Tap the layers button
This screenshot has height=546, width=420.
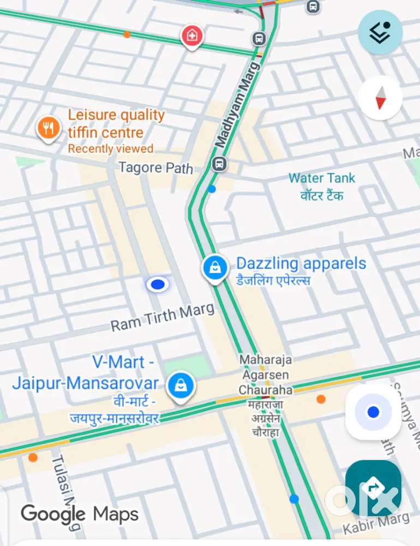(380, 32)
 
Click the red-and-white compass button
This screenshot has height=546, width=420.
(380, 98)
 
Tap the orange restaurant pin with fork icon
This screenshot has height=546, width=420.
(49, 129)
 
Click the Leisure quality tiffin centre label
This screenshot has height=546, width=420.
(116, 124)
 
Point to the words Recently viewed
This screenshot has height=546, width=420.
(111, 149)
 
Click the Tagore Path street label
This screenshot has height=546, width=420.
(156, 167)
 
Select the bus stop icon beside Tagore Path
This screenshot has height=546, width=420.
(219, 163)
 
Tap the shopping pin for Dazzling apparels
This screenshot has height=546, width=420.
(215, 268)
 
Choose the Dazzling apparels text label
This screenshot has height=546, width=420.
(301, 264)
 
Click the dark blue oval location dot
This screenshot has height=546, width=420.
(158, 284)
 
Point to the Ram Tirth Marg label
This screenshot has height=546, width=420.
(163, 318)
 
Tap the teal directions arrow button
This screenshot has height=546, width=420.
(373, 488)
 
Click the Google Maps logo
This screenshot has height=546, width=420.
(80, 514)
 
